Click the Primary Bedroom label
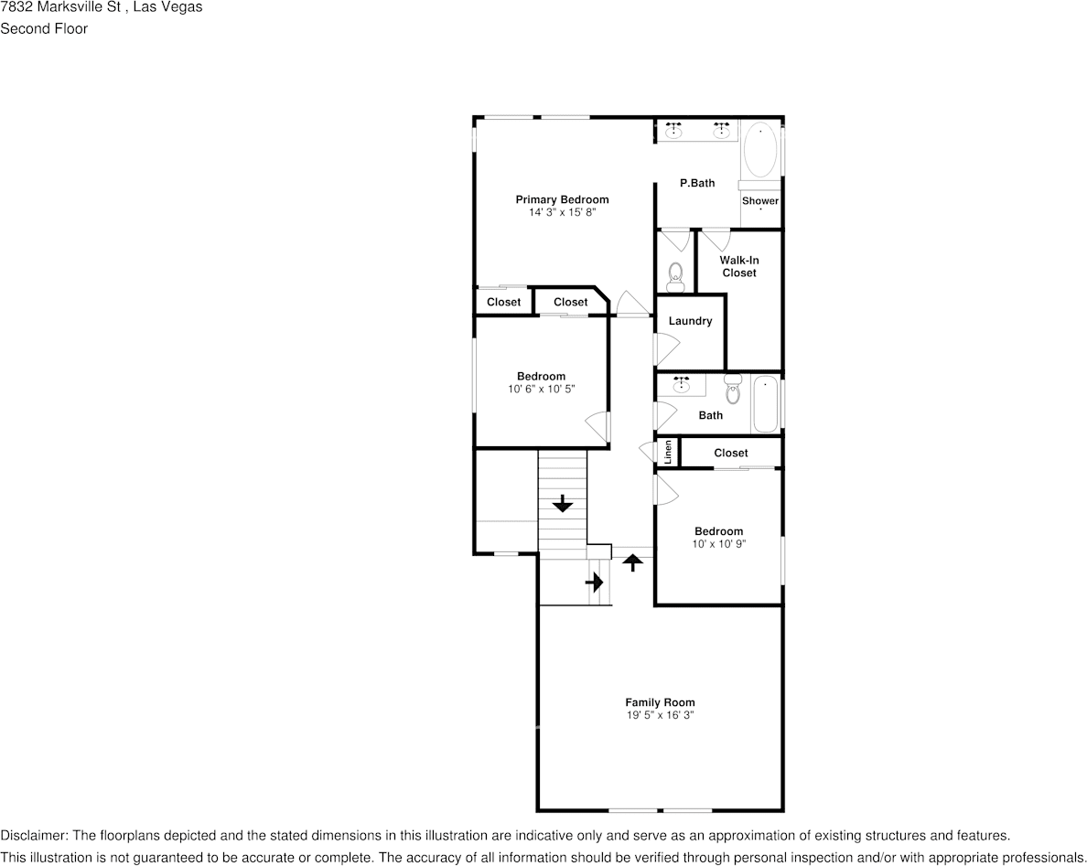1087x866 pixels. click(x=562, y=199)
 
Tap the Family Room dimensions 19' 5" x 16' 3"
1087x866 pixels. click(x=660, y=716)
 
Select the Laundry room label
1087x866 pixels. click(x=690, y=321)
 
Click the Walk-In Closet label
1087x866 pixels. click(x=739, y=266)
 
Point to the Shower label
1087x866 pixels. click(x=760, y=201)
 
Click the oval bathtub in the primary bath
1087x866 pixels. click(x=760, y=151)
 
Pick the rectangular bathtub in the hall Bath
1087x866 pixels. click(x=765, y=405)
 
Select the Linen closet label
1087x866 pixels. click(x=669, y=453)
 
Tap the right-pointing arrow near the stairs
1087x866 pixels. click(x=596, y=581)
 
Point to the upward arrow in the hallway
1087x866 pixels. click(x=631, y=562)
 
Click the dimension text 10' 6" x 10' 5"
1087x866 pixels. click(x=542, y=389)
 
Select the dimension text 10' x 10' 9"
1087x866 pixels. click(x=719, y=544)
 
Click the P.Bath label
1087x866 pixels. click(x=697, y=183)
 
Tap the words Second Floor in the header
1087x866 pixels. click(x=44, y=28)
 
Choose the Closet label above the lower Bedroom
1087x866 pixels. click(x=730, y=453)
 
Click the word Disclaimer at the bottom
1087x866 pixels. click(x=33, y=836)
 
